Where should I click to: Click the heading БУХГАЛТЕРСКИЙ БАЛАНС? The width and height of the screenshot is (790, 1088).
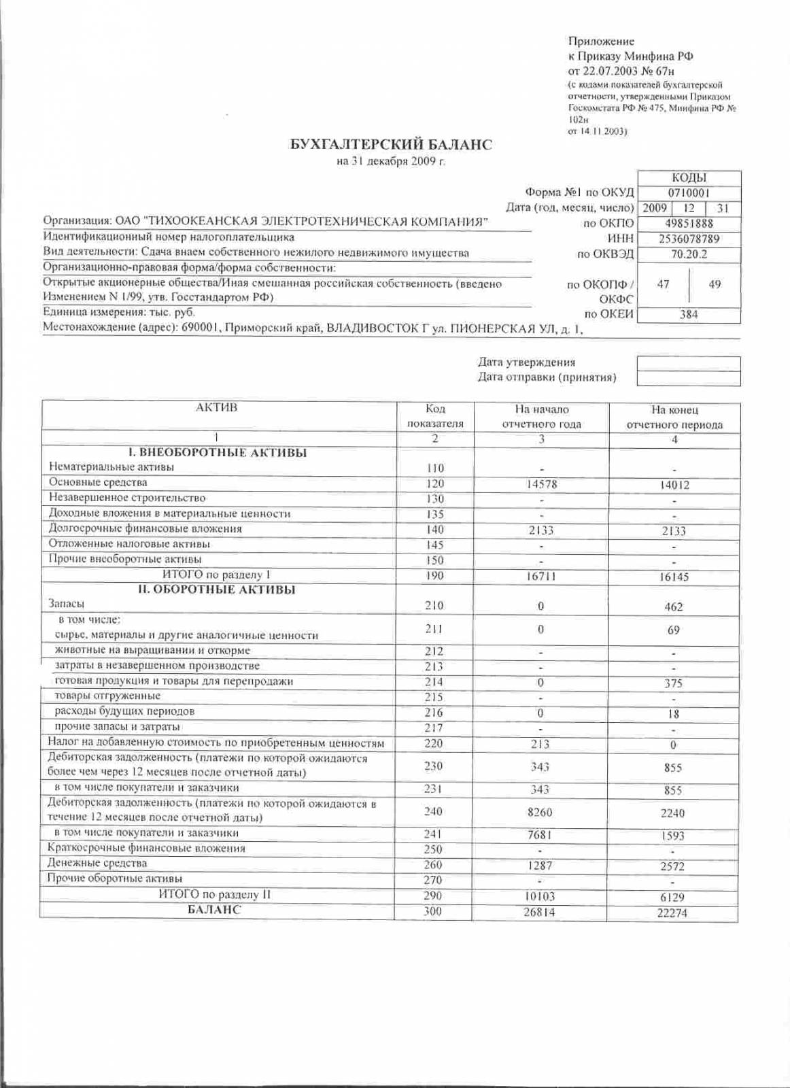[391, 145]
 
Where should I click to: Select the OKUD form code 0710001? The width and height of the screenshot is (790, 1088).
[688, 193]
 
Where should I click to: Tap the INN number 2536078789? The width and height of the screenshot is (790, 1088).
[689, 239]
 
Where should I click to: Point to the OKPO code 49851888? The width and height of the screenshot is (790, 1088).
[689, 224]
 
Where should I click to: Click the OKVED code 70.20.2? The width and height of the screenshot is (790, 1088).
[689, 254]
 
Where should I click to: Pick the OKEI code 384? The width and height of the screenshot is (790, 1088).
[689, 315]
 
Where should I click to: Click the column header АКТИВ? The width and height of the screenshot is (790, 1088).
[217, 408]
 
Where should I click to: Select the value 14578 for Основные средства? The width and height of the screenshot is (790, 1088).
[541, 484]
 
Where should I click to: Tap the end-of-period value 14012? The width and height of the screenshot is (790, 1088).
[674, 486]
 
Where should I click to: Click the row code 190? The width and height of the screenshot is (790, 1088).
[434, 575]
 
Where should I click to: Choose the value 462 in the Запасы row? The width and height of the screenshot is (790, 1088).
[674, 607]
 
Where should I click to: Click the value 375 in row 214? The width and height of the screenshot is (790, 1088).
[674, 683]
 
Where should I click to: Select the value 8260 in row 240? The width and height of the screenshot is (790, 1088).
[541, 812]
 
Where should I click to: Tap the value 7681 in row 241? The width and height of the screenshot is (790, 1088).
[541, 834]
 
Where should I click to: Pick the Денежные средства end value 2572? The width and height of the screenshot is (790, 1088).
[674, 866]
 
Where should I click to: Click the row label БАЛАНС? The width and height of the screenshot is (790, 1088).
[214, 910]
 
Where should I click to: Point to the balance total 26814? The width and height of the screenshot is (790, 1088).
[539, 911]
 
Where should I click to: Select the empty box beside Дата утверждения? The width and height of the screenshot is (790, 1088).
[688, 363]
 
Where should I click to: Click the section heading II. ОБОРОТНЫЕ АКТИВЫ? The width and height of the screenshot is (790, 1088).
[217, 590]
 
